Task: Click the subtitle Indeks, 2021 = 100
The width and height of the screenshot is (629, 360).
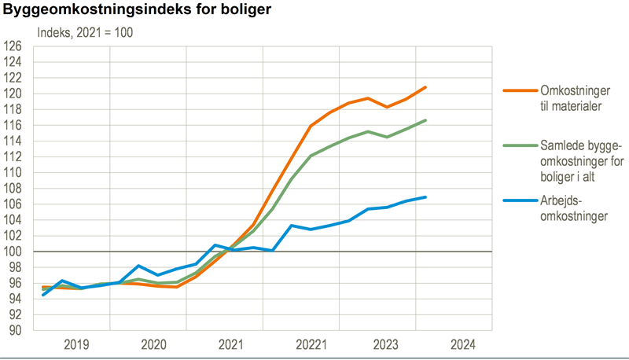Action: tap(86, 33)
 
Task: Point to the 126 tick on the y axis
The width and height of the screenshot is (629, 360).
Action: tap(13, 46)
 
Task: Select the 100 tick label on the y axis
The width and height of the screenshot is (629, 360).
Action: tap(13, 252)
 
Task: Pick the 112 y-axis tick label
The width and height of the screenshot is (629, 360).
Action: tap(13, 156)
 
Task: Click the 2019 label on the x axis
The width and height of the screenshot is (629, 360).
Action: tap(76, 344)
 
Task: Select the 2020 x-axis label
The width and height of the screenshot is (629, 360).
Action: tap(153, 344)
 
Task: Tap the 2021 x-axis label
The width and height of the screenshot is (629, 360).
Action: tap(229, 344)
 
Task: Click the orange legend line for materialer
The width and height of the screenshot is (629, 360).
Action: tap(518, 91)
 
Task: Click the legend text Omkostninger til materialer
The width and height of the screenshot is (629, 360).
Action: tap(571, 98)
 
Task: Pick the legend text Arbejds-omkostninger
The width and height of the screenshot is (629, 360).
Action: tap(574, 208)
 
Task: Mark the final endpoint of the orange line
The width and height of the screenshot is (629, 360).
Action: tap(425, 87)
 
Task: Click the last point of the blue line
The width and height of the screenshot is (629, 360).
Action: tap(425, 197)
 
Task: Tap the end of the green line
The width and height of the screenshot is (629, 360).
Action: tap(425, 120)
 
